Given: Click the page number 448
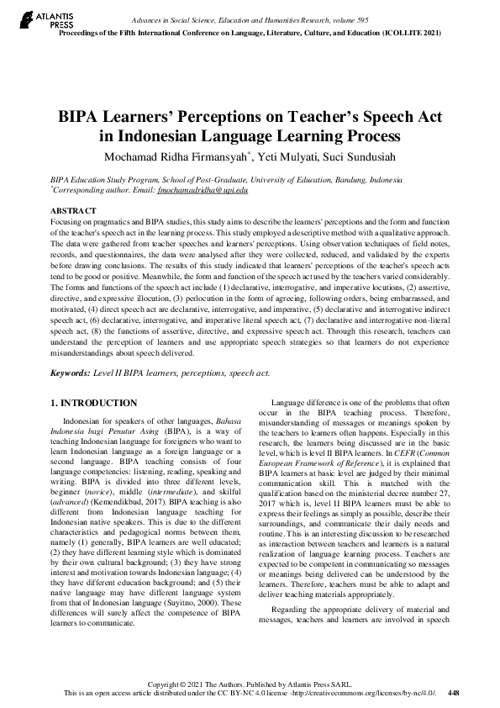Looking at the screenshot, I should [x=454, y=695].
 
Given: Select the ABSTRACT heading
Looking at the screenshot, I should [x=73, y=209].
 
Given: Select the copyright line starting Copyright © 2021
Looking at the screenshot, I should [x=250, y=685].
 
